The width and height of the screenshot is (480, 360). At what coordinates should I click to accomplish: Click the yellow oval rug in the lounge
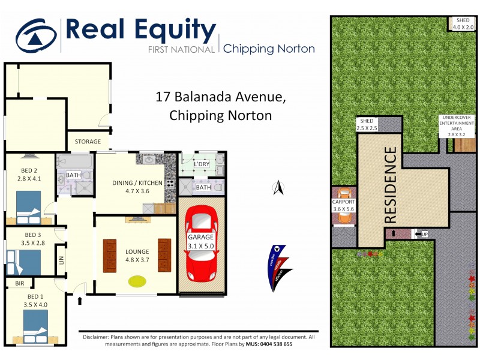point(137,280)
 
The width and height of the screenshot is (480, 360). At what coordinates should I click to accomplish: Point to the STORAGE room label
point(88,142)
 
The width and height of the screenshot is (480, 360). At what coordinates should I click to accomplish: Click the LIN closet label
point(61,260)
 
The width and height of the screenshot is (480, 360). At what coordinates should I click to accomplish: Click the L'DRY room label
point(202,163)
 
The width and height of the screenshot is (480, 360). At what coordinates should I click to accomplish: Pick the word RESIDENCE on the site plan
point(390,183)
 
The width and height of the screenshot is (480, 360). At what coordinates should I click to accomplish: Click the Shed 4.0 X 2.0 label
point(463,24)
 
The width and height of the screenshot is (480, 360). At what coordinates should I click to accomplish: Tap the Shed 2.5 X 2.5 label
point(365,125)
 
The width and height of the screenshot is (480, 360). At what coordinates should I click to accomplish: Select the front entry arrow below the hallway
point(79,299)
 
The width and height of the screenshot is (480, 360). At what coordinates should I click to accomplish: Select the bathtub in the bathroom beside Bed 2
point(74,161)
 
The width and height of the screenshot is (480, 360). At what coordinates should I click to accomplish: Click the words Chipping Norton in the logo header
point(269,49)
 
